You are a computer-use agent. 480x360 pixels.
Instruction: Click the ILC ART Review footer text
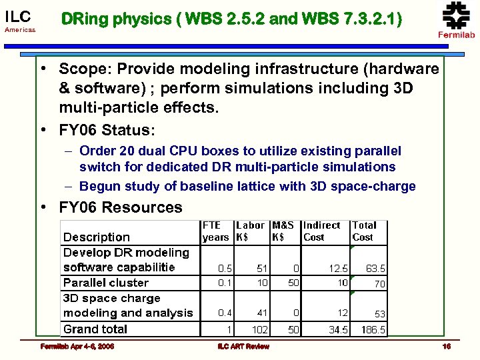point(243,346)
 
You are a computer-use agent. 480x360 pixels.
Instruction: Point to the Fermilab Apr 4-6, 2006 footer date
point(77,346)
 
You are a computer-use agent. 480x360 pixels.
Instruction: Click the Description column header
point(96,237)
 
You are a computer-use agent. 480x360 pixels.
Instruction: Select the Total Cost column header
point(364,231)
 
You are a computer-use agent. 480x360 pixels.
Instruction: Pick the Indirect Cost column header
point(321,231)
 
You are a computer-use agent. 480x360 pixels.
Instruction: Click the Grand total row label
point(95,329)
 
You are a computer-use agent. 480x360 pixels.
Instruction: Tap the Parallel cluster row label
point(105,282)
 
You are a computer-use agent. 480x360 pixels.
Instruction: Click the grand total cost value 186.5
point(373,329)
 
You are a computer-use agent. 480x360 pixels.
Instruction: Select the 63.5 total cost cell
point(375,268)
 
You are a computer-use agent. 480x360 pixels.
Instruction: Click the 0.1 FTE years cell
point(225,283)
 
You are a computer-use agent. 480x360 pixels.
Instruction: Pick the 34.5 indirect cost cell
point(337,329)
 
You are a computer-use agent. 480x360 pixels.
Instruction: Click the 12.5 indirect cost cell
point(338,268)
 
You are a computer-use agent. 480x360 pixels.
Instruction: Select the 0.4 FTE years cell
point(225,313)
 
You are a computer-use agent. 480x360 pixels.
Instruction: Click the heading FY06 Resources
point(120,207)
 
